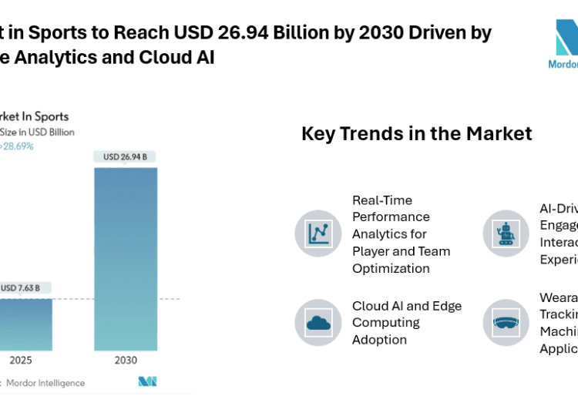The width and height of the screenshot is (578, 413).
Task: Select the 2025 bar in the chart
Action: click(25, 324)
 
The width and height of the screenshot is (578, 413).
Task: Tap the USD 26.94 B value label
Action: click(125, 157)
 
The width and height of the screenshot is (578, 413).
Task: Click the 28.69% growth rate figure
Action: click(18, 146)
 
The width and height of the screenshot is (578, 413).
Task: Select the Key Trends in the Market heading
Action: click(416, 133)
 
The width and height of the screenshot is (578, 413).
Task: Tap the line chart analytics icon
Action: click(318, 233)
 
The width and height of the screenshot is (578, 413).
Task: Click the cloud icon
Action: click(318, 322)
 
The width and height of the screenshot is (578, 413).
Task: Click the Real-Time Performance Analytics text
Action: click(401, 234)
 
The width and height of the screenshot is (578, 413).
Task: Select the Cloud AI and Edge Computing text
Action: click(407, 322)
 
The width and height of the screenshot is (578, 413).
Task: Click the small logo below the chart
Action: click(147, 381)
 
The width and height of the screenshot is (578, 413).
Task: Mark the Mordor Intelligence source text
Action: click(44, 382)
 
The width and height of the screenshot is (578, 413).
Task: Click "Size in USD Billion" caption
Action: click(39, 132)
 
